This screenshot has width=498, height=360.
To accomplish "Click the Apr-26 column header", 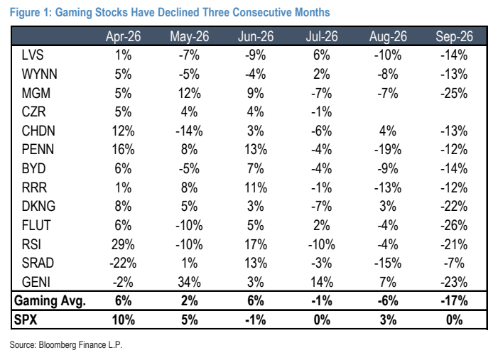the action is point(123,36).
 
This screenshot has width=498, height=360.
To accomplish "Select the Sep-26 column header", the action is point(454,36).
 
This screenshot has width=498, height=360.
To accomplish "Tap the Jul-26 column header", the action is point(322,36).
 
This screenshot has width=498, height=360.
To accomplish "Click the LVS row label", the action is point(33,55).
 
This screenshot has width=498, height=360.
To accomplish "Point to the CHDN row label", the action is point(38,131).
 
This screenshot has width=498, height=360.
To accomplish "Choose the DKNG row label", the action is point(38,207).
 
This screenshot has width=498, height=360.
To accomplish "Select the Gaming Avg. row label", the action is point(50,301).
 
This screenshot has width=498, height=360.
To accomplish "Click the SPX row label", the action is point(26,320).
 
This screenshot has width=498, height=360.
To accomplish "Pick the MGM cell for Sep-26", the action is point(454,93).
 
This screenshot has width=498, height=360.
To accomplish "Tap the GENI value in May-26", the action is point(189,282).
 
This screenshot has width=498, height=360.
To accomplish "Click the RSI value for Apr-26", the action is point(123,244).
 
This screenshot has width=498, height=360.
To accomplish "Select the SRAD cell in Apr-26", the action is point(123,263).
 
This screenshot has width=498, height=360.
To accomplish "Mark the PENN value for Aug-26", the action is point(388,150).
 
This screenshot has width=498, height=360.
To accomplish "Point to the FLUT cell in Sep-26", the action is point(454,225).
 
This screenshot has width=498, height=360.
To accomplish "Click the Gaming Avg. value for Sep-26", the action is point(454,300).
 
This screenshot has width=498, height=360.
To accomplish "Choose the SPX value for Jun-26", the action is point(255,320).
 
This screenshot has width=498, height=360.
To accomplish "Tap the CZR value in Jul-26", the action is point(322,111).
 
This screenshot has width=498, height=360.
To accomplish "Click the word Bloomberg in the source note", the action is point(58,345).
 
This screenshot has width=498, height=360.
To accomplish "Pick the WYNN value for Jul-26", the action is point(322,75).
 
